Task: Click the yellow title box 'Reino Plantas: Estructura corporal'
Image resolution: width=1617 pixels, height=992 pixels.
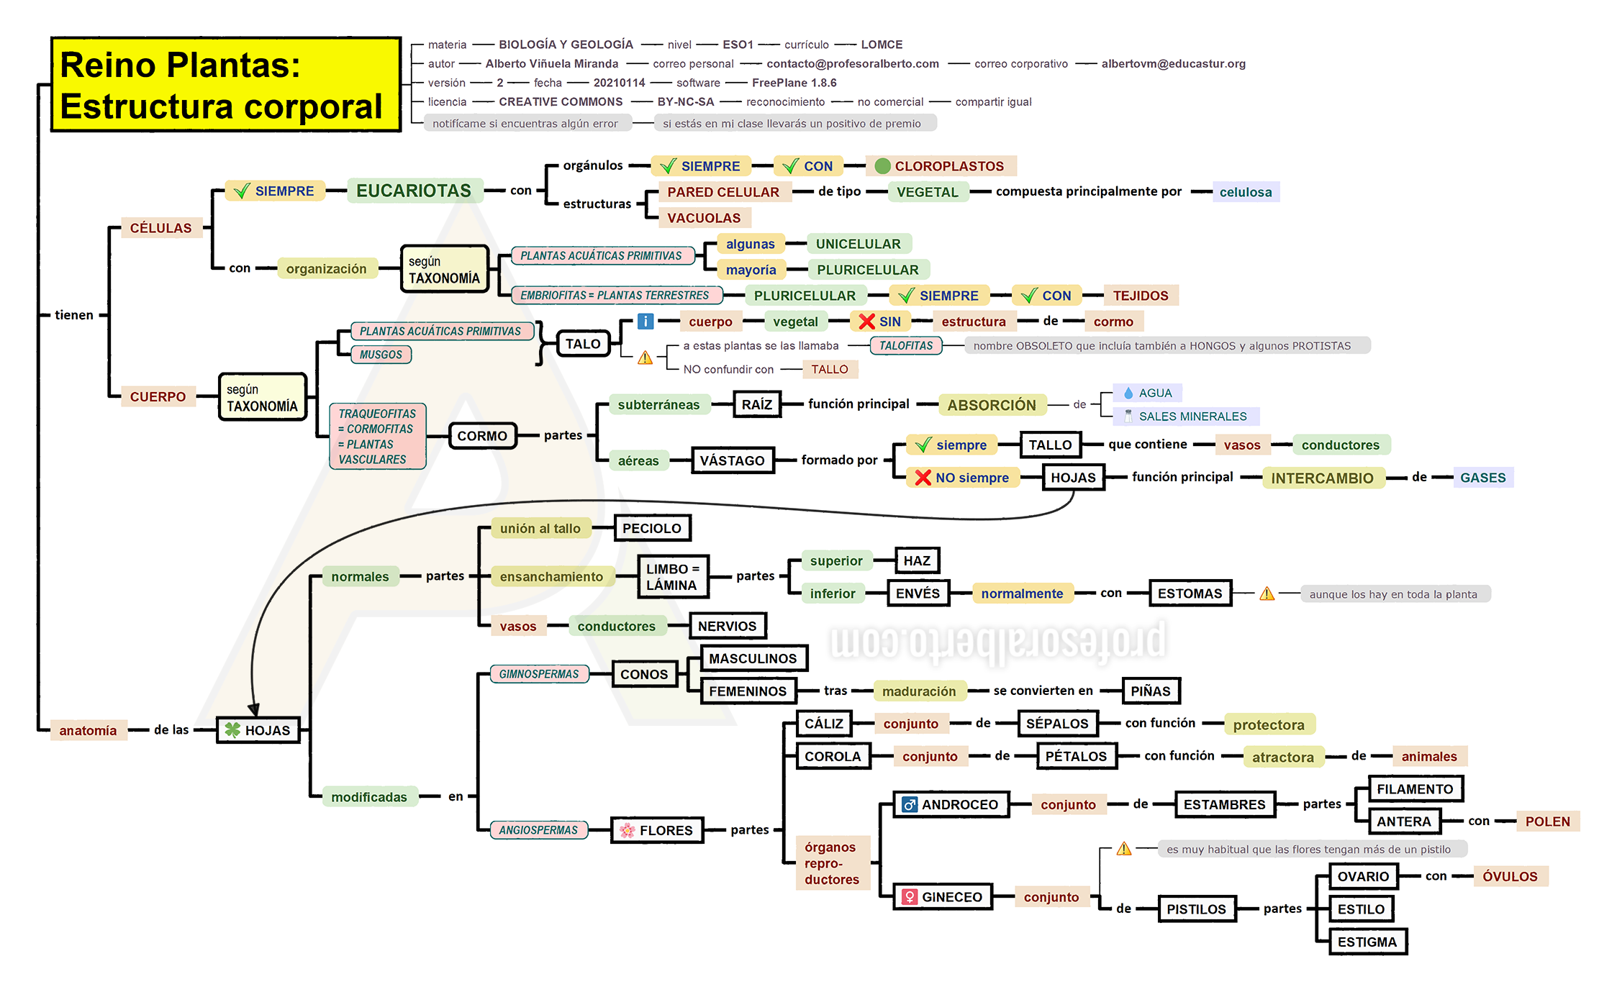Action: pos(226,85)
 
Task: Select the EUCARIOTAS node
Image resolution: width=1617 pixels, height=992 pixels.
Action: pos(414,191)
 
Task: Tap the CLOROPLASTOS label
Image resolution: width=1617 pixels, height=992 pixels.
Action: pos(941,166)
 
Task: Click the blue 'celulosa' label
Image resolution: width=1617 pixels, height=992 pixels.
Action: pos(1246,192)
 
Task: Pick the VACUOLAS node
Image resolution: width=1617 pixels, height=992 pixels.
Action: pos(704,218)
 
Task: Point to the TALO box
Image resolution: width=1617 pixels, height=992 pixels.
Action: pos(583,344)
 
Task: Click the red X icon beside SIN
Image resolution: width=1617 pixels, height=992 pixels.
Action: pos(867,322)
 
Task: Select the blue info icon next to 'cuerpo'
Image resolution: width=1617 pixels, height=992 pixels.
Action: pos(646,321)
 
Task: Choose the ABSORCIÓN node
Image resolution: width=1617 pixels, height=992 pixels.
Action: pos(992,405)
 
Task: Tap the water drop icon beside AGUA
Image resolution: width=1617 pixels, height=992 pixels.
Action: pos(1128,393)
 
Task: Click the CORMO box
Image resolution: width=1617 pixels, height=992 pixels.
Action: pos(482,436)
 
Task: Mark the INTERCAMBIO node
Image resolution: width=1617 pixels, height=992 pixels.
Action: pos(1322,478)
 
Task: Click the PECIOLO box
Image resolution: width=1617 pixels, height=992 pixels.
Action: pos(652,528)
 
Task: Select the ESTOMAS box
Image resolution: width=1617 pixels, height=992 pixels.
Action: pos(1190,593)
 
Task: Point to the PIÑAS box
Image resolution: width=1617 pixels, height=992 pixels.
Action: pos(1151,691)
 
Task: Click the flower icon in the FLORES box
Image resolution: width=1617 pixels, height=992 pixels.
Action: pos(628,830)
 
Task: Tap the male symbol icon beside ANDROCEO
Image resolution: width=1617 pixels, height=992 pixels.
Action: pos(910,804)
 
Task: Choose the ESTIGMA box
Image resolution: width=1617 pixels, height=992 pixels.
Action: pos(1367,942)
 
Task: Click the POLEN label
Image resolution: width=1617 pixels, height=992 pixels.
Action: pos(1548,822)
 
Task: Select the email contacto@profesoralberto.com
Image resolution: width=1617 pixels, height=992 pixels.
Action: pos(853,63)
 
